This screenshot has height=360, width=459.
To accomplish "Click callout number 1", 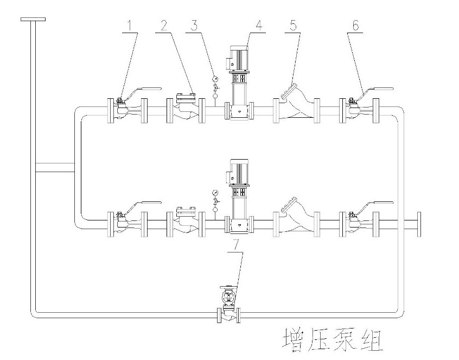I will (129, 25).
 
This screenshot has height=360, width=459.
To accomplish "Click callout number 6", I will (356, 25).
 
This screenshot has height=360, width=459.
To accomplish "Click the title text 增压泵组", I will (333, 340).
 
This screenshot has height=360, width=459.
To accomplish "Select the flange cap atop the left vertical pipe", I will (33, 20).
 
